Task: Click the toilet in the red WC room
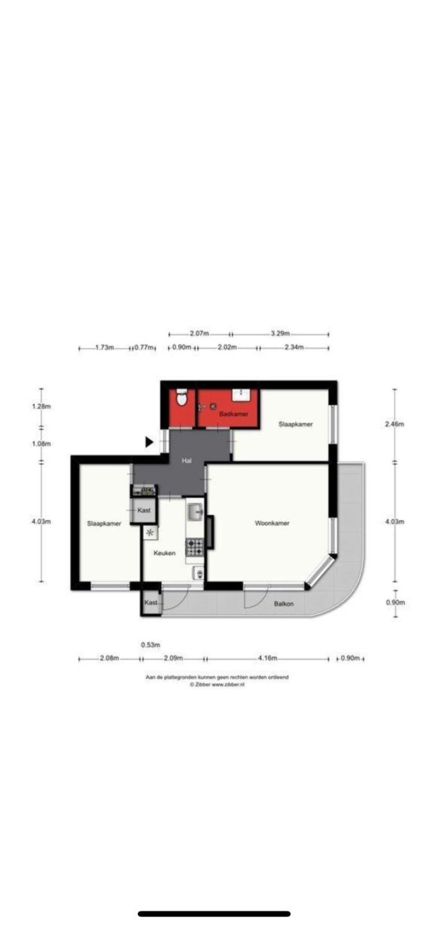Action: click(181, 397)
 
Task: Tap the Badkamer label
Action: click(234, 413)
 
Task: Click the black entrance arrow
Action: click(149, 442)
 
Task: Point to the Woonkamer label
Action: click(272, 523)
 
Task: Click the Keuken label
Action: click(164, 553)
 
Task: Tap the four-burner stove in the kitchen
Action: click(194, 547)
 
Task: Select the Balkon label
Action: click(284, 604)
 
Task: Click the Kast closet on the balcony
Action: click(151, 603)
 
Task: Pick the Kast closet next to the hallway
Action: click(144, 511)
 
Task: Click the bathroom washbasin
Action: click(241, 394)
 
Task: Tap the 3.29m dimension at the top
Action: click(280, 333)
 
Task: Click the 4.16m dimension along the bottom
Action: click(268, 658)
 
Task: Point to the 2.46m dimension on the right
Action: click(395, 424)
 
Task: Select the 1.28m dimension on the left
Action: click(41, 406)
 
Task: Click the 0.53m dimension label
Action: click(151, 644)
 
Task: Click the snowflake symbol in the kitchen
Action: click(150, 532)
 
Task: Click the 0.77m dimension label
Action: click(144, 347)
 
